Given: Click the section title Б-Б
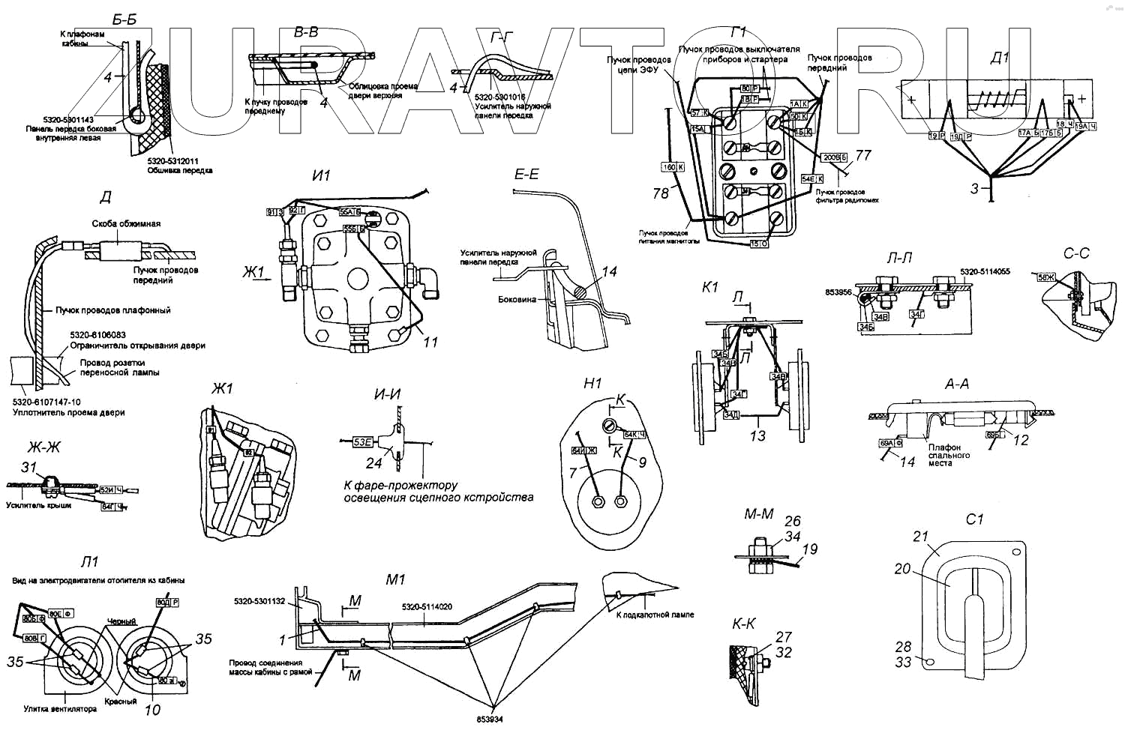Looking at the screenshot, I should (124, 20).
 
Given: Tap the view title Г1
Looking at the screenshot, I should (738, 32).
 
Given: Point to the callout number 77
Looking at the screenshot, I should (863, 155).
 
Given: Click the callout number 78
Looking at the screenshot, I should (660, 193).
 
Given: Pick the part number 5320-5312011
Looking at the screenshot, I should (172, 160).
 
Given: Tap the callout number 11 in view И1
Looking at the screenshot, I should (430, 342).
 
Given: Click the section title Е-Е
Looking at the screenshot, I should (526, 174).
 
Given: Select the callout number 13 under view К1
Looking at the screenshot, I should (757, 435).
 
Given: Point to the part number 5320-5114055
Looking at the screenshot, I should (985, 271).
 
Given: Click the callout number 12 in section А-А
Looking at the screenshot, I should (1021, 440).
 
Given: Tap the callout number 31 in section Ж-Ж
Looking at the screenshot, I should (28, 467).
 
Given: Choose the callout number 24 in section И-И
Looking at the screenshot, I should (373, 463).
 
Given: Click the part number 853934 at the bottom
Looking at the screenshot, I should (489, 719).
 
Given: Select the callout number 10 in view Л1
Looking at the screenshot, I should (152, 710).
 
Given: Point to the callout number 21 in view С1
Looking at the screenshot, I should (920, 536).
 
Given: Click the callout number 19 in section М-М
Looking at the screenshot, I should (810, 549).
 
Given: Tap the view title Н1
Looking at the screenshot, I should (592, 383).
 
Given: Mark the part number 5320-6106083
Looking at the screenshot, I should (98, 335).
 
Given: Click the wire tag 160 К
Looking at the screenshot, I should (672, 167).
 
